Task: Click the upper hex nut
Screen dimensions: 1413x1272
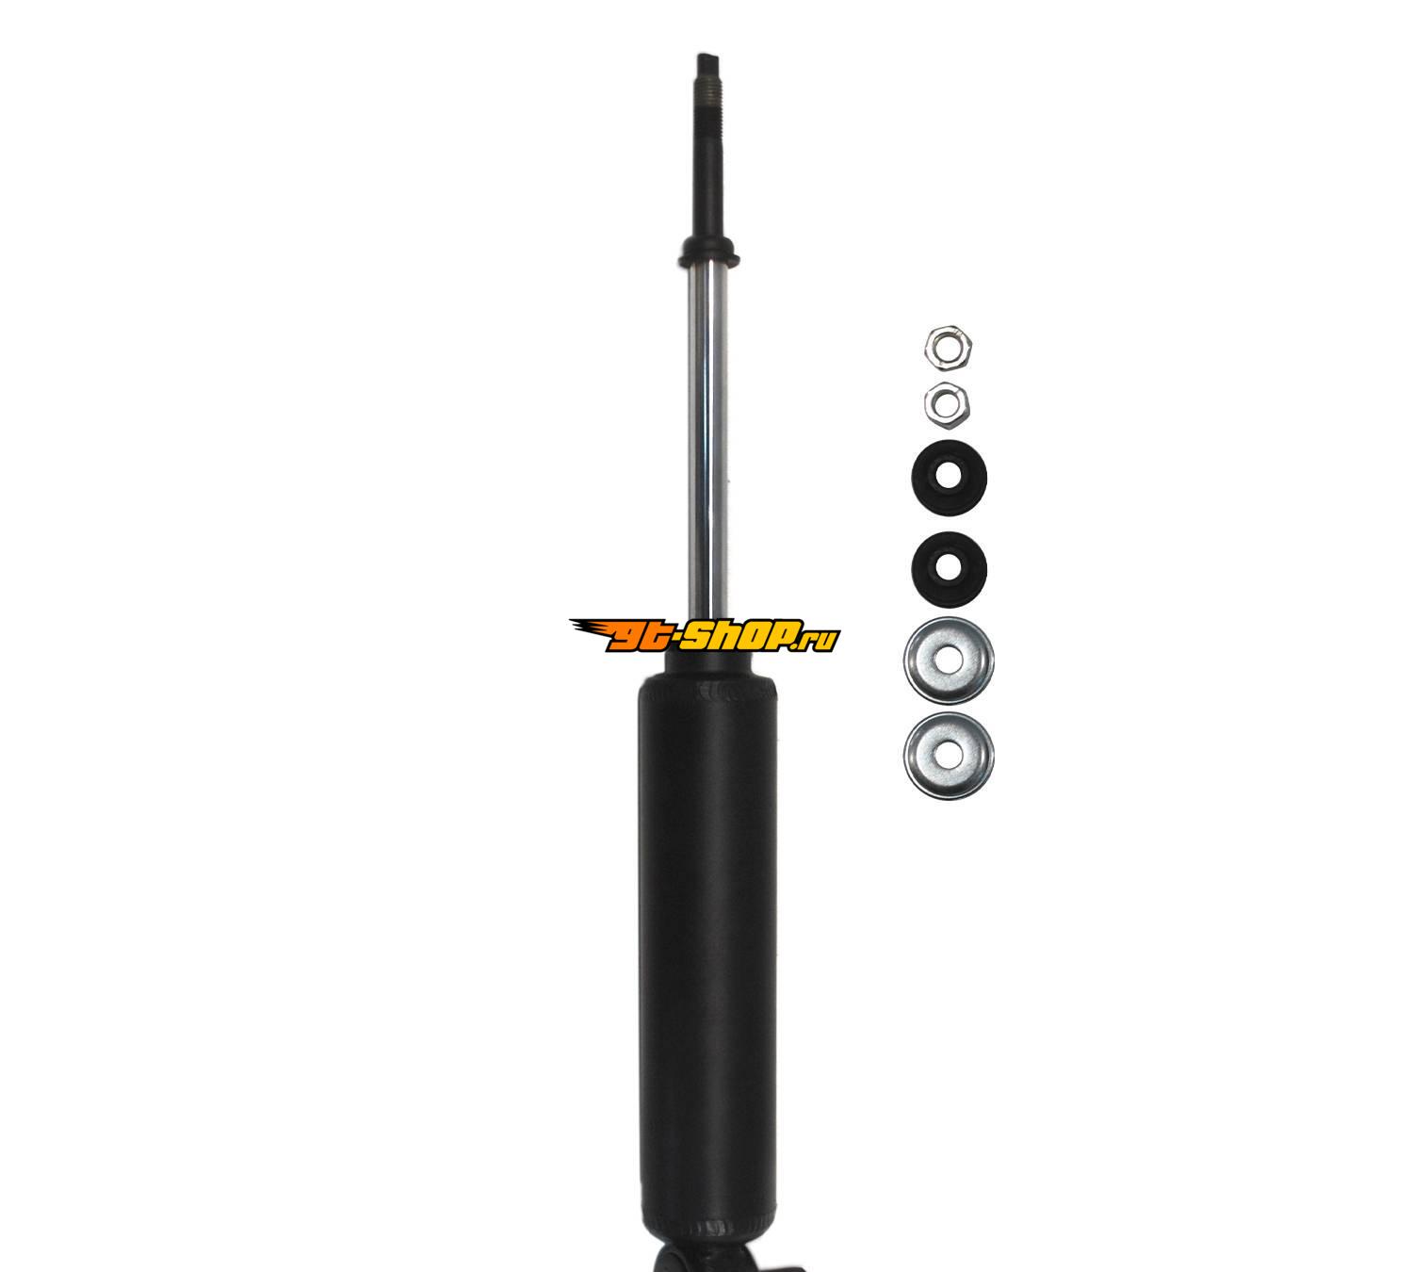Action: (948, 348)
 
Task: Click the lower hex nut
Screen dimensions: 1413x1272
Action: (947, 404)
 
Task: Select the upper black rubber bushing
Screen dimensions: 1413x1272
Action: (949, 479)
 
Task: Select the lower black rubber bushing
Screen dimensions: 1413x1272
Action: (949, 569)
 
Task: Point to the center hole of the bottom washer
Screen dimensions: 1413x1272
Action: (948, 757)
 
